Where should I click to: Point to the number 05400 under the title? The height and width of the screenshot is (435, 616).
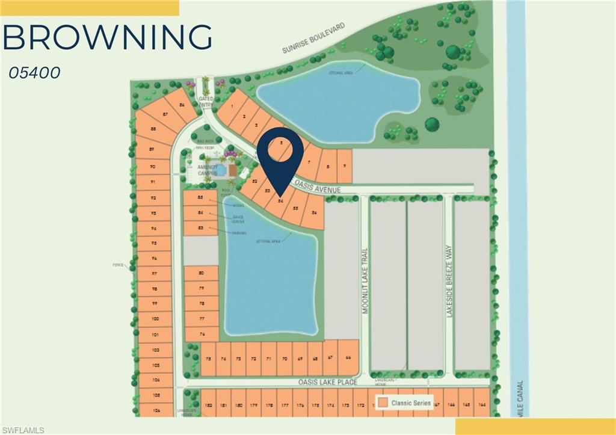[x=35, y=73]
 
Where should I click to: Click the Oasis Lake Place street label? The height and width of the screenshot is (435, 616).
[x=328, y=382]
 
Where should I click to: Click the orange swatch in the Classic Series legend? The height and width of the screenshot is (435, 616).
[x=381, y=403]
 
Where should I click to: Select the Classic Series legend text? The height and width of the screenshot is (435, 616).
[x=411, y=403]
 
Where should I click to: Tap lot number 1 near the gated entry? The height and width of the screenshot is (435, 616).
[x=232, y=106]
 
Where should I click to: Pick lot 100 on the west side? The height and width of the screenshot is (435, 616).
[x=155, y=319]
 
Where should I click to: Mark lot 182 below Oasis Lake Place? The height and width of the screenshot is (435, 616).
[x=208, y=406]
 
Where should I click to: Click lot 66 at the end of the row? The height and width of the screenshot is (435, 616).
[x=348, y=356]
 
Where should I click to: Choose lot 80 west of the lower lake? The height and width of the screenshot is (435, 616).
[x=202, y=274]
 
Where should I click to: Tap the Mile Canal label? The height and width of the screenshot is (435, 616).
[x=519, y=398]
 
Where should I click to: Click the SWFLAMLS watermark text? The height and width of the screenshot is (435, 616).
[x=23, y=430]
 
